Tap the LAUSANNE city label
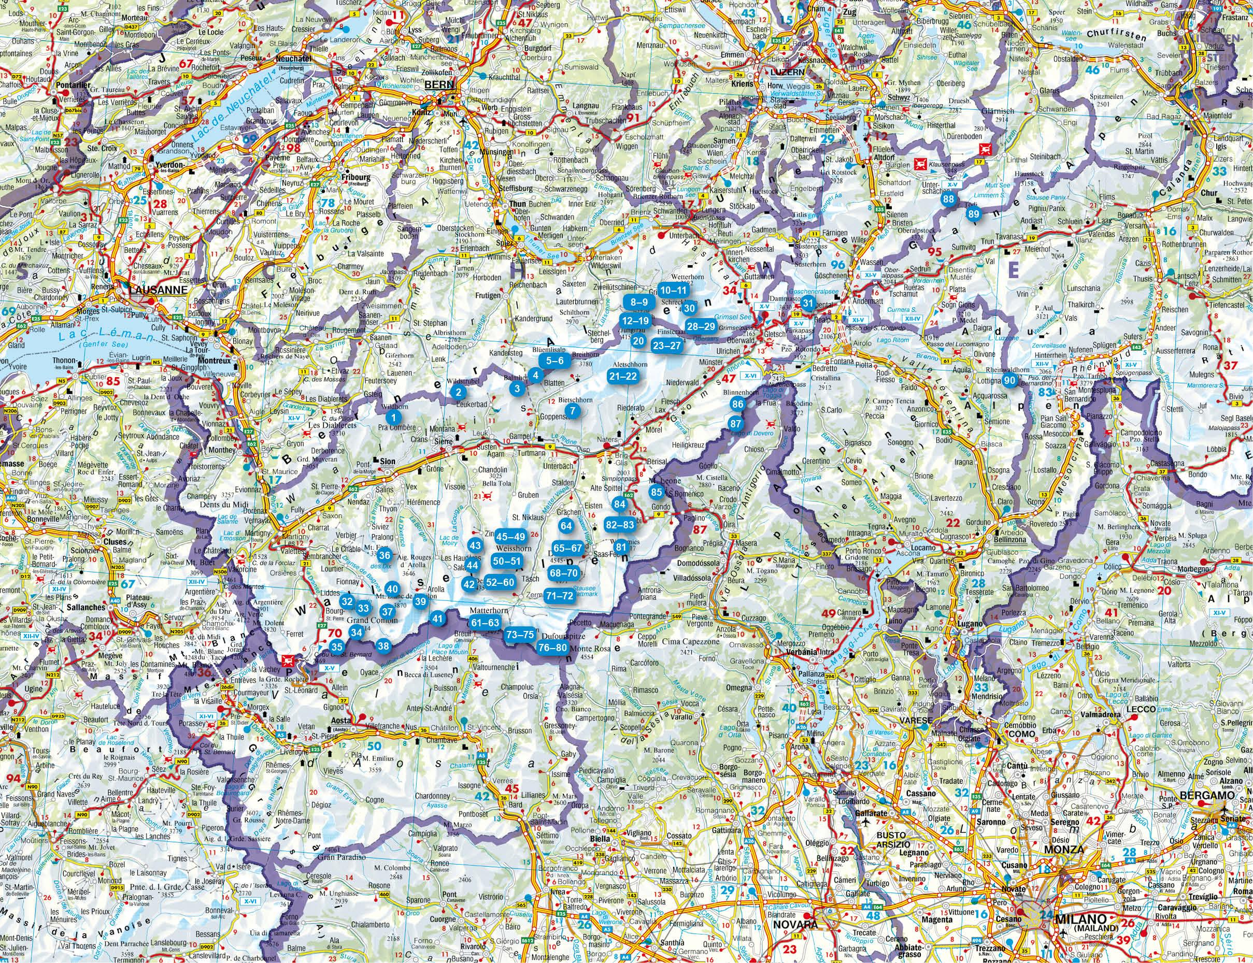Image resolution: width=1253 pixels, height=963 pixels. click(x=158, y=290)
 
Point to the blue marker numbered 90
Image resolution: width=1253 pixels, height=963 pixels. click(x=1010, y=381)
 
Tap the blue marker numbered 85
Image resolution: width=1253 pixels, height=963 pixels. click(x=657, y=491)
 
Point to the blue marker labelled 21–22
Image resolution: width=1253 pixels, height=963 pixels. click(x=623, y=376)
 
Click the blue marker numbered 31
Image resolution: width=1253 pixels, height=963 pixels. click(x=807, y=303)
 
